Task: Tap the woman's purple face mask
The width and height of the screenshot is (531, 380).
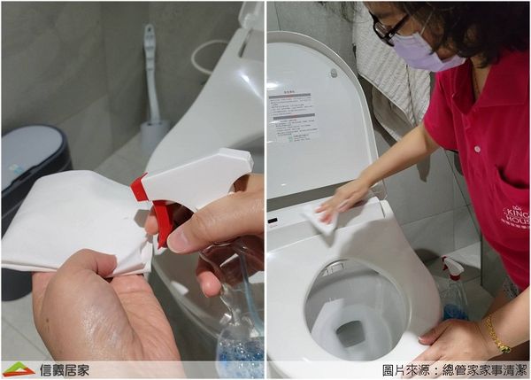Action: [419, 51]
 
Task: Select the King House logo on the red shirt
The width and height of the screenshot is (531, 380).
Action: [514, 216]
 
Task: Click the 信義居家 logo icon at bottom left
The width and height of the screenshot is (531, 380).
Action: [17, 369]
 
